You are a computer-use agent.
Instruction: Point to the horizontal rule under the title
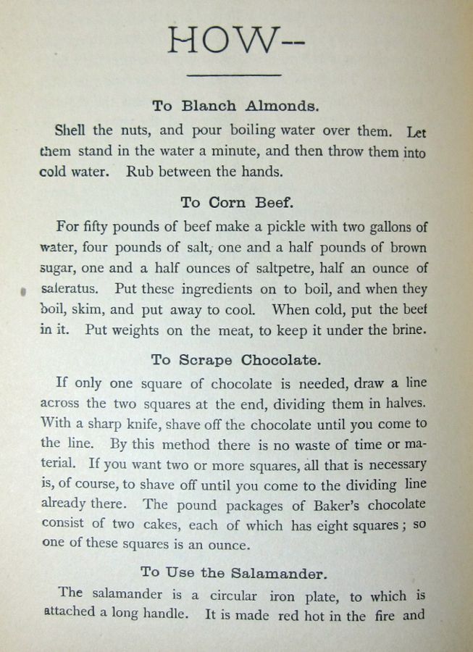pyautogui.click(x=234, y=74)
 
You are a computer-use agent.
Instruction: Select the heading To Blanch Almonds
pyautogui.click(x=235, y=106)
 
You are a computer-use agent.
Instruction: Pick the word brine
pyautogui.click(x=410, y=328)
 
